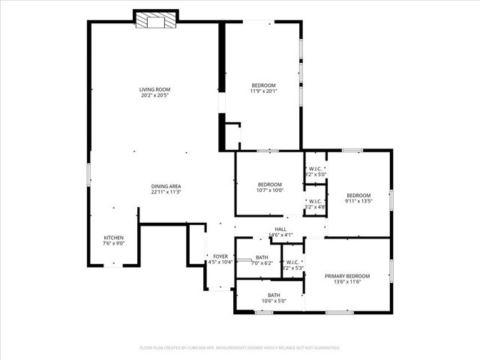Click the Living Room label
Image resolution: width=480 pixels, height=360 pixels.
coord(154,90)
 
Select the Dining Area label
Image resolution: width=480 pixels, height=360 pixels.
coord(166,186)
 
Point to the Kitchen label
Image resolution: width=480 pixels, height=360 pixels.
coord(113,238)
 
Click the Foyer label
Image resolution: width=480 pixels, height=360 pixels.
coord(220,256)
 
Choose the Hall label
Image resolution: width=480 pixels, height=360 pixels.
coord(280,229)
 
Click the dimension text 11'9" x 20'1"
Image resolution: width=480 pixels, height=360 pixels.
coord(263,91)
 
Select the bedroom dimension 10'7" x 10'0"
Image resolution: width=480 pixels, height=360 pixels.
coord(270,190)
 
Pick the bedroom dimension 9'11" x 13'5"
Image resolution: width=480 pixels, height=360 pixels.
coord(358,201)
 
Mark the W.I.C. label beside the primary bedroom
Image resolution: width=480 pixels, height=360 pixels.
coord(292,262)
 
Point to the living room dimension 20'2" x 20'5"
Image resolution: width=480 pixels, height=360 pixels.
coord(154,96)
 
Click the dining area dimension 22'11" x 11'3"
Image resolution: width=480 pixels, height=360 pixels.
coord(166,192)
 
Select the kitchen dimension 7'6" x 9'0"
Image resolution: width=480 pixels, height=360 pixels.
coord(113,244)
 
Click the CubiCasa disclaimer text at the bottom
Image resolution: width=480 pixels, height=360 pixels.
coord(240,348)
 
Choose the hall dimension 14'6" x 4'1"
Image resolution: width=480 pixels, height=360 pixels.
coord(280,235)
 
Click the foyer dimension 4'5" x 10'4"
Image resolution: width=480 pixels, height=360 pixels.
coord(220,262)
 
